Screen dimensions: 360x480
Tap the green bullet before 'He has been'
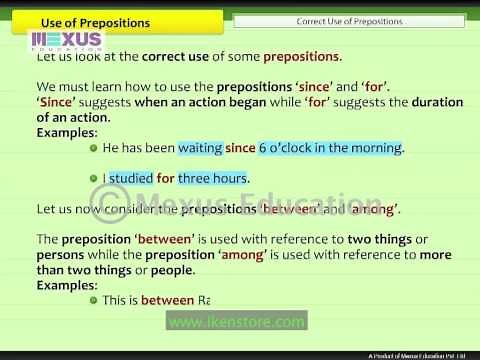click(93, 148)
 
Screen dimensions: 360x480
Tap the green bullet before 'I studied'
click(93, 179)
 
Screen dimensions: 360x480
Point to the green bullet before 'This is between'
click(93, 300)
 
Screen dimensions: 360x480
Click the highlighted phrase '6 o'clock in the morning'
click(330, 148)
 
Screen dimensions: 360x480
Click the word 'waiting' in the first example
click(200, 148)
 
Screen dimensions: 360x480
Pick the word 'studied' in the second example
click(131, 179)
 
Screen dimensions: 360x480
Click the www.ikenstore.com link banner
click(236, 322)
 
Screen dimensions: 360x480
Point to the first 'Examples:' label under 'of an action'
click(67, 132)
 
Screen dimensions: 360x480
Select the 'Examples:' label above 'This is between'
click(67, 284)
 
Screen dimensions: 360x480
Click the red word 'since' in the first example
click(240, 148)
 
